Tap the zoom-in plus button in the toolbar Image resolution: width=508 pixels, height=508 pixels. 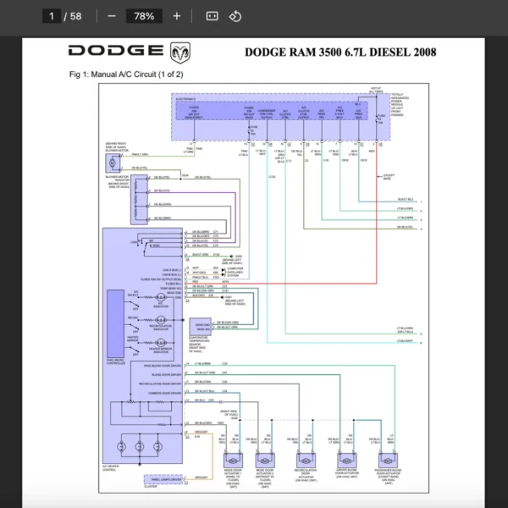[176, 16]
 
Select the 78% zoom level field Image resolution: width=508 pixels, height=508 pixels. [144, 16]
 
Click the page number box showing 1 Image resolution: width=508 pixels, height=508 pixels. [53, 16]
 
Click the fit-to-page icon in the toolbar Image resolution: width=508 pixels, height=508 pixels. [212, 16]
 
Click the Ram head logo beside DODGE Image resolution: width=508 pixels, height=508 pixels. [179, 52]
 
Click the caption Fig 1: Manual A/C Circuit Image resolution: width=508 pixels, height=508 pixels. [126, 75]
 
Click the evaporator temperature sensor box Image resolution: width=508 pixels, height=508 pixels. [202, 326]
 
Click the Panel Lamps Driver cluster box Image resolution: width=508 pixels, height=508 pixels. [167, 480]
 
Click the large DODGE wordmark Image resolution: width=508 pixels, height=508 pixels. [117, 52]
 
